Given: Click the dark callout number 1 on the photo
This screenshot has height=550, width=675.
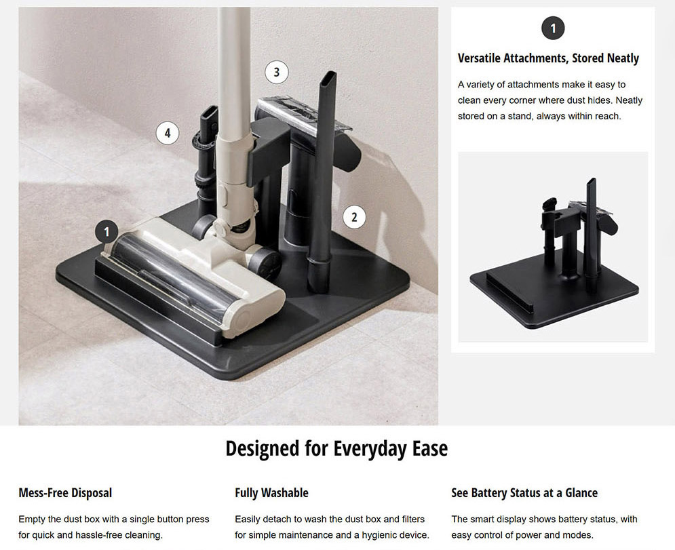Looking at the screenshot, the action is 107,232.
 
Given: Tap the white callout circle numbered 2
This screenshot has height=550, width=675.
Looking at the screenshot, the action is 354,217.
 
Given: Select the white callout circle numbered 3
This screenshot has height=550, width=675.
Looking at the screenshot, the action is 276,73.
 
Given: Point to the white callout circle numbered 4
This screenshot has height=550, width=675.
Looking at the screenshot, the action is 168,133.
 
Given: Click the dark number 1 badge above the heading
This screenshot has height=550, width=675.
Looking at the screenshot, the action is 553,28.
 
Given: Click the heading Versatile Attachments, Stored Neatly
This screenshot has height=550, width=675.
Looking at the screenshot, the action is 548,58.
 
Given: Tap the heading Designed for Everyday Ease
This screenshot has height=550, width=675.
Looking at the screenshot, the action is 336,448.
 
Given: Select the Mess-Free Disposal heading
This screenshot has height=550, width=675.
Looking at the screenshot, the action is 65,493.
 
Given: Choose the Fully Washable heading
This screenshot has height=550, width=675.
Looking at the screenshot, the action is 271,493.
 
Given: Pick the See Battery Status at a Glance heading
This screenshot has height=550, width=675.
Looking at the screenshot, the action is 524,493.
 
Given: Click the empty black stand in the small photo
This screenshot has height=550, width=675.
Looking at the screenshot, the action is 554,259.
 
